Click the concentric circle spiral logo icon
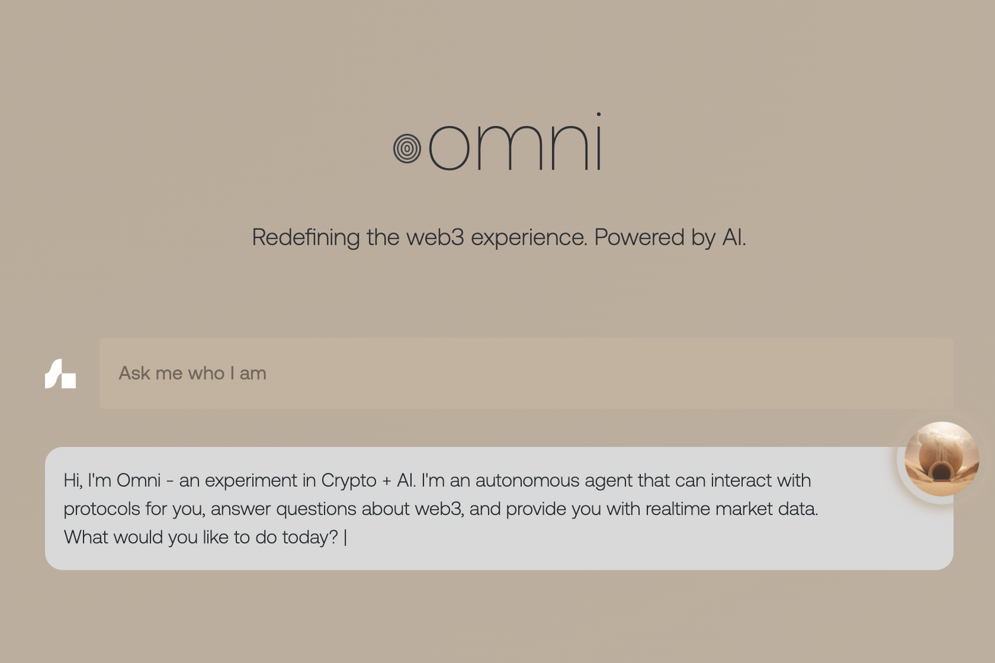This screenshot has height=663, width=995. [407, 149]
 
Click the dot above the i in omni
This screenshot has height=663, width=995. [599, 114]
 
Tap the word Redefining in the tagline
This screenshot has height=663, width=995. [306, 237]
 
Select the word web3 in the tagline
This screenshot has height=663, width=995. [435, 237]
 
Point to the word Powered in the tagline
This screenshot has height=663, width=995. [639, 237]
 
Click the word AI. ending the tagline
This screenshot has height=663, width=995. [734, 237]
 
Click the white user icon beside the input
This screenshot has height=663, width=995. [60, 373]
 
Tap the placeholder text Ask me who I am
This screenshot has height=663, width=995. [192, 373]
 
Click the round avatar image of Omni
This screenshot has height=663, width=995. [942, 459]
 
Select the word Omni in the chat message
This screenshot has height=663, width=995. [139, 481]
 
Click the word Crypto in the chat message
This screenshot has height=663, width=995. [349, 481]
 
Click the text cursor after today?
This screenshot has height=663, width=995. [346, 538]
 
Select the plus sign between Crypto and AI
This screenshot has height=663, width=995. [387, 481]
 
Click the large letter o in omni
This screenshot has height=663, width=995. [449, 147]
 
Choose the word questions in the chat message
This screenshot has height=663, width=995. [316, 509]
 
